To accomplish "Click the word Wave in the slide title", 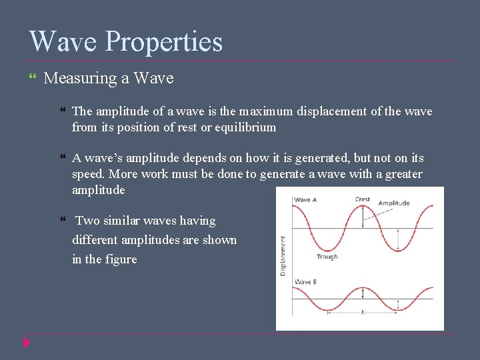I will [x=64, y=41].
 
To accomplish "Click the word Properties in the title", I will [x=164, y=43].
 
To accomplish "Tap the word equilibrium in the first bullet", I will [x=243, y=127].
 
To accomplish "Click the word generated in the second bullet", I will [x=307, y=158].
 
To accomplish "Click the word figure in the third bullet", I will [x=121, y=259].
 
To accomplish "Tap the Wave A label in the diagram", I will [x=306, y=199].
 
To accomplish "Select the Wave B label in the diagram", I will [x=306, y=282].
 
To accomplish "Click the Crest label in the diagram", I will [x=363, y=199].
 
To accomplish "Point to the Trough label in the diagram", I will [x=327, y=257].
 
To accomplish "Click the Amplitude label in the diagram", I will [x=394, y=203].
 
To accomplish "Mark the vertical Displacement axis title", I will [x=283, y=256].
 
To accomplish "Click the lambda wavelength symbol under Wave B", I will [x=362, y=312].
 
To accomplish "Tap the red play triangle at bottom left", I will [x=27, y=343].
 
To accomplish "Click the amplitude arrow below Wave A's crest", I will [x=362, y=217].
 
